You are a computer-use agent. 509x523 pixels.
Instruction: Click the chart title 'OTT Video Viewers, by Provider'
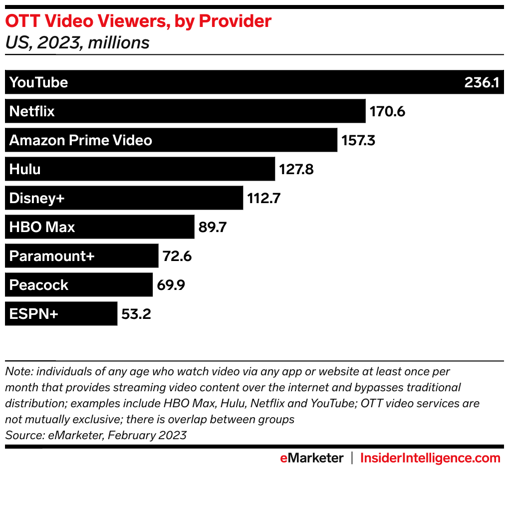click(138, 21)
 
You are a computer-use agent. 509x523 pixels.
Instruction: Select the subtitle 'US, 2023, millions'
click(77, 43)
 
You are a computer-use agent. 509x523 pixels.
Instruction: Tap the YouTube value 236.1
click(482, 82)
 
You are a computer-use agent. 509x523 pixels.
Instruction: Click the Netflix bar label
click(32, 111)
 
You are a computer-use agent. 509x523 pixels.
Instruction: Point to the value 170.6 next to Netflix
click(387, 111)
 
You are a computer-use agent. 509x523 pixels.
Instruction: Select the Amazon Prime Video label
click(81, 140)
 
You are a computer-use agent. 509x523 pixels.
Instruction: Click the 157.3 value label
click(358, 140)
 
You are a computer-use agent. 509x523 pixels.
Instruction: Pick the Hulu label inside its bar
click(25, 169)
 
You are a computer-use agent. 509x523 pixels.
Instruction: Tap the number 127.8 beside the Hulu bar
click(296, 169)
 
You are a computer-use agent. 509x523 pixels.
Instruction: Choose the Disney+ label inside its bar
click(37, 198)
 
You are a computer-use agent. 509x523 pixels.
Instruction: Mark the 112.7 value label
click(264, 198)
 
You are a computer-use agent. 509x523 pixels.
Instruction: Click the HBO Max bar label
click(42, 227)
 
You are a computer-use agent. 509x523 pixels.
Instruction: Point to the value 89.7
click(213, 227)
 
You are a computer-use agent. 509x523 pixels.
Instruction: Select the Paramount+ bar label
click(52, 256)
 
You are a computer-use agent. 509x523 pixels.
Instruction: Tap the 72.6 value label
click(177, 256)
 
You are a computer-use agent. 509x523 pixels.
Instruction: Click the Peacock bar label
click(39, 285)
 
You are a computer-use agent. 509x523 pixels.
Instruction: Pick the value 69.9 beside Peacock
click(172, 285)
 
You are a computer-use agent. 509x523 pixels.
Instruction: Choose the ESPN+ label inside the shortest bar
click(34, 314)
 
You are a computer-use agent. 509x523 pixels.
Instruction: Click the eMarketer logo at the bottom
click(311, 458)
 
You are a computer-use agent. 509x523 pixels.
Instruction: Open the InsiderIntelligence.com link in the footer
click(430, 458)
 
